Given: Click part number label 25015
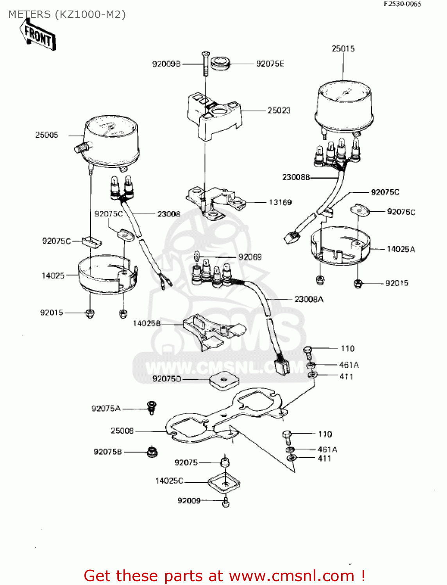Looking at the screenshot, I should [x=343, y=49].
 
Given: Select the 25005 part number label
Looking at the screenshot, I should [x=46, y=135].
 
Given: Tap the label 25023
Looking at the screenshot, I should [x=279, y=110].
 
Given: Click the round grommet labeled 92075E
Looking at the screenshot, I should [x=220, y=63].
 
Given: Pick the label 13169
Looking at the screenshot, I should [x=280, y=202].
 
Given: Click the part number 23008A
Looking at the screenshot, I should [x=309, y=299].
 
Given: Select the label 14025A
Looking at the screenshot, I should [x=401, y=249].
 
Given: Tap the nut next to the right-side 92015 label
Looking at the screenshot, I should [x=358, y=284].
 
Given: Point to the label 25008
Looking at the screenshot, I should [x=122, y=431].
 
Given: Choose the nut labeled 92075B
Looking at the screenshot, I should [x=152, y=452].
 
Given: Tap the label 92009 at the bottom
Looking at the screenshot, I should [x=189, y=500].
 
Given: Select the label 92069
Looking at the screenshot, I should [x=250, y=257].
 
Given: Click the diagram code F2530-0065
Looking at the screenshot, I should [x=402, y=4].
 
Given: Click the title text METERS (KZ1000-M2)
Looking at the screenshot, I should [x=67, y=14].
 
